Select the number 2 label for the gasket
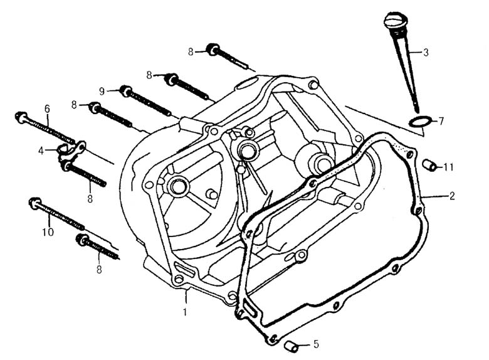[452, 196]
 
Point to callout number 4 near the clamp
[41, 151]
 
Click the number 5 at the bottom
[316, 344]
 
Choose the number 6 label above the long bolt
[47, 109]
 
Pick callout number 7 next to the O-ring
[441, 120]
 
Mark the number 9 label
[101, 90]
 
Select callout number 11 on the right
[449, 167]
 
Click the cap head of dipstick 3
[392, 23]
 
